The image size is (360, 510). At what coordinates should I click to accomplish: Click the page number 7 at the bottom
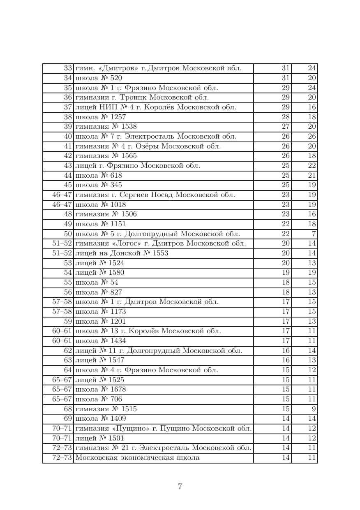point(180,487)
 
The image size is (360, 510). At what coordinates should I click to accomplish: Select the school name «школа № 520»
point(99,78)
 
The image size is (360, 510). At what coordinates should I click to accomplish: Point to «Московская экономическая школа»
point(137,458)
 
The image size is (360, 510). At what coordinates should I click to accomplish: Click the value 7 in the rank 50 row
point(314,234)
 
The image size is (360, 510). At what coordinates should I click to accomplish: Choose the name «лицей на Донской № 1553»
point(121,253)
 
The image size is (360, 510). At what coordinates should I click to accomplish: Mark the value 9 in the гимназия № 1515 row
point(314,409)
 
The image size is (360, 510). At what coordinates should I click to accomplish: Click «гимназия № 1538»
point(106,127)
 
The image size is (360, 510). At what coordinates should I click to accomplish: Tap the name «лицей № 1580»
point(99,273)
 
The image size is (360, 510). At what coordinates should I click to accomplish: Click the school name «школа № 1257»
point(101,117)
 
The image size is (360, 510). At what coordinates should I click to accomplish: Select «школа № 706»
point(99,399)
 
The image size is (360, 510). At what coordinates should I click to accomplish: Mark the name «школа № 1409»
point(101,419)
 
